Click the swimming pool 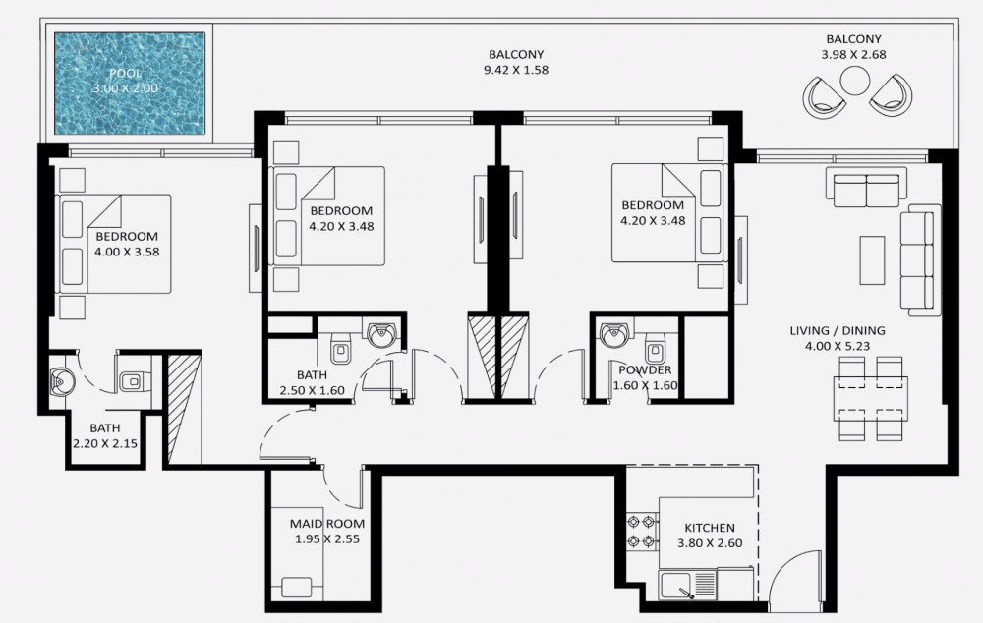pyautogui.click(x=130, y=84)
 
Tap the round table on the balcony pyautogui.click(x=854, y=82)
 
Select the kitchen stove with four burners pyautogui.click(x=642, y=532)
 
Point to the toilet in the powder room pyautogui.click(x=656, y=346)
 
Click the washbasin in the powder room pyautogui.click(x=613, y=333)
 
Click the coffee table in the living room pyautogui.click(x=871, y=260)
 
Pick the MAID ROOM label pyautogui.click(x=326, y=524)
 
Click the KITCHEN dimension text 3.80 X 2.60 pyautogui.click(x=710, y=543)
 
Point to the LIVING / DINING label pyautogui.click(x=837, y=330)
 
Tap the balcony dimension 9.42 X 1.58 pyautogui.click(x=516, y=70)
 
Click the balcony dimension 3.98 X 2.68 pyautogui.click(x=854, y=54)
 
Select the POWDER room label pyautogui.click(x=645, y=369)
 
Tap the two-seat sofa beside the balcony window pyautogui.click(x=866, y=187)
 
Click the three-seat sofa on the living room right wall pyautogui.click(x=920, y=259)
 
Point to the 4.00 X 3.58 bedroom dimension pyautogui.click(x=127, y=252)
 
